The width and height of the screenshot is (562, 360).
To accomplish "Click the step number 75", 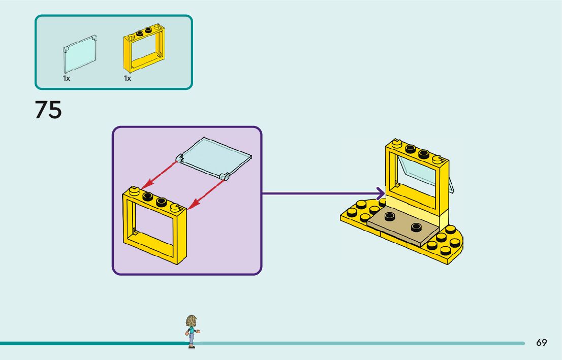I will tap(48, 110).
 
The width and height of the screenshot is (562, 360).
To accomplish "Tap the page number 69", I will tap(542, 343).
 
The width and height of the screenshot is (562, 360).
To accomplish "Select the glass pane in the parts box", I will tap(80, 54).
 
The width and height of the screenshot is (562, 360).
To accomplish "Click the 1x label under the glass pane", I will tap(67, 79).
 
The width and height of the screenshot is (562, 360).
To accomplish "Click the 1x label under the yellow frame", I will tap(128, 79).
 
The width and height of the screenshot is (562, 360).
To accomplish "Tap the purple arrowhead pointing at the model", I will tap(380, 193).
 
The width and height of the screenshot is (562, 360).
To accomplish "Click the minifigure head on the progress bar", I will tap(191, 321).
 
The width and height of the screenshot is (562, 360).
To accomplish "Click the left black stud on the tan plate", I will tap(390, 216).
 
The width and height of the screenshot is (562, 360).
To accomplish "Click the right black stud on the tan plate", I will tap(417, 226).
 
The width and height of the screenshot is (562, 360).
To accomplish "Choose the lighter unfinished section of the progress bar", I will tap(356, 343).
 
